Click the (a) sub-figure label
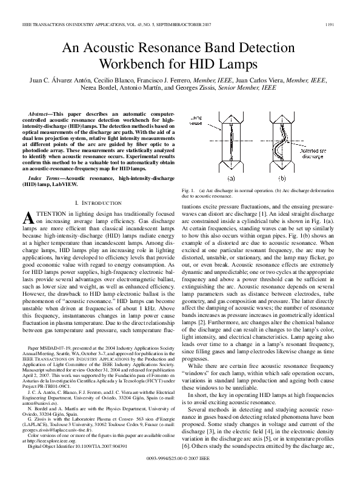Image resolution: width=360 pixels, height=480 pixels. pos(230,179)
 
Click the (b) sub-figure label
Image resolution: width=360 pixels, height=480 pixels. pos(282,179)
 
